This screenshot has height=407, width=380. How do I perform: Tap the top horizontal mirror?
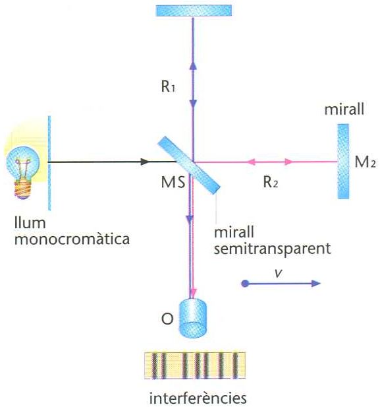(x=194, y=11)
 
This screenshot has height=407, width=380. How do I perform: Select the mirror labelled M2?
(x=343, y=161)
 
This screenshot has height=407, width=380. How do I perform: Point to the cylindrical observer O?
(x=193, y=318)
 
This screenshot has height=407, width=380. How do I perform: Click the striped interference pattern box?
(x=195, y=365)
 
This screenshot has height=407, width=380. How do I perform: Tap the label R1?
(x=168, y=86)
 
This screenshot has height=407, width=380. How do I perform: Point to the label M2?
(x=365, y=162)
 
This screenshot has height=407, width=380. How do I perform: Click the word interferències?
(x=198, y=397)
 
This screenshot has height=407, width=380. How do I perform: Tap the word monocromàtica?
(x=72, y=238)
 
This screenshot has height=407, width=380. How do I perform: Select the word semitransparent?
(x=272, y=249)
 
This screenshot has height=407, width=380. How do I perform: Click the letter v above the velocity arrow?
(x=279, y=273)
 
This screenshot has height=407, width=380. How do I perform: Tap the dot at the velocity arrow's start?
(x=244, y=284)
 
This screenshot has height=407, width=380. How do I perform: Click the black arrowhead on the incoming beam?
(x=145, y=162)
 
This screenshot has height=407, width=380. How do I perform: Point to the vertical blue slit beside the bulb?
(x=49, y=163)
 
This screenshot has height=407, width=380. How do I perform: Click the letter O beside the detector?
(x=167, y=319)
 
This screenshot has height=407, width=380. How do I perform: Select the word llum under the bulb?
(x=30, y=223)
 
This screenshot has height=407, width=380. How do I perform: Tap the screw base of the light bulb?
(x=24, y=189)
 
